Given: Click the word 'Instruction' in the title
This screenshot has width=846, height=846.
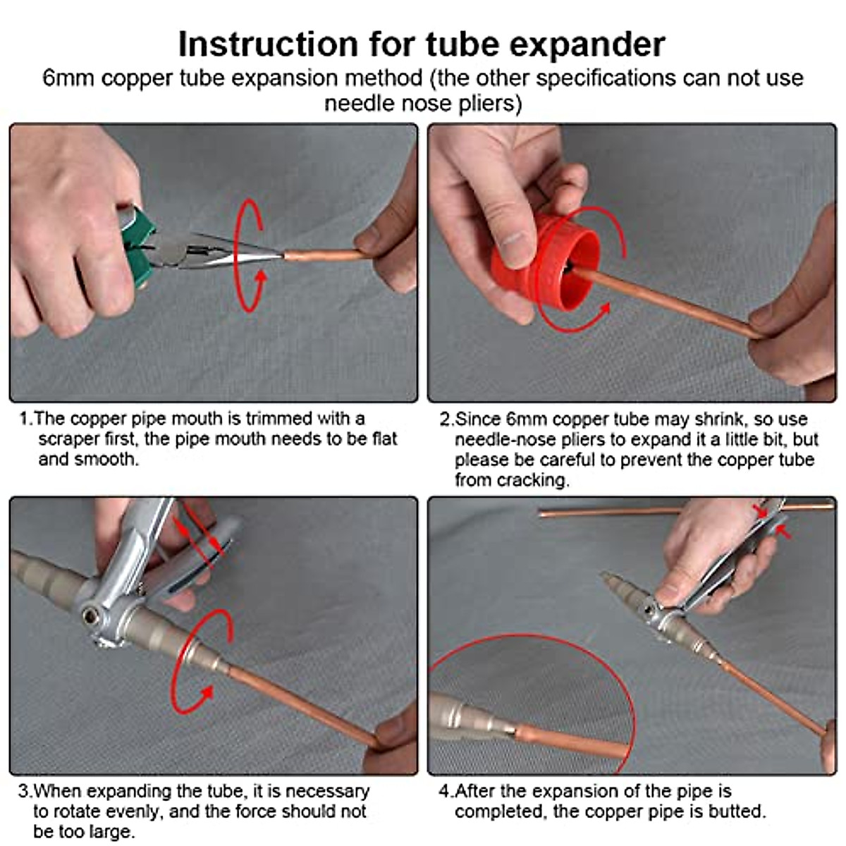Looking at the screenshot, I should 267,44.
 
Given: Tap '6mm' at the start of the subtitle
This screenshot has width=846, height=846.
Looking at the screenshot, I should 68,78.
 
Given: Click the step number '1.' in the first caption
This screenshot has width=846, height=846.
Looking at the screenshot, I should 25,419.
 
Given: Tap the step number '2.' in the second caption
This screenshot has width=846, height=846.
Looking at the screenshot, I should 446,419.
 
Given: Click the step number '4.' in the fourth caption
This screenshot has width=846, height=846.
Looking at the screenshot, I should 445,791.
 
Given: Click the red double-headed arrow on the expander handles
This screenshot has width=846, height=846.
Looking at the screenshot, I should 197,540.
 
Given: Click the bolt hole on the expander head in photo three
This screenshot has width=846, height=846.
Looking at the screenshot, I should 90,615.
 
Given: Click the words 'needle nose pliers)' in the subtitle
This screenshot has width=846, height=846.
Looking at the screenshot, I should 423,104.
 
